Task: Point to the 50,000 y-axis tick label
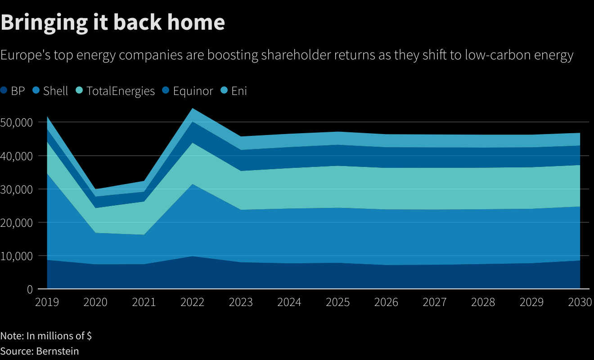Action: tap(17, 122)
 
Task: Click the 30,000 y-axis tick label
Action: tap(17, 189)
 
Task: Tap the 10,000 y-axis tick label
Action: tap(17, 256)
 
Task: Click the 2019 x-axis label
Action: tap(47, 302)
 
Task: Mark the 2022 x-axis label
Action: tap(192, 302)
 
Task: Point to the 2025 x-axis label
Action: tap(337, 302)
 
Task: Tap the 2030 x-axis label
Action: tap(580, 302)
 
